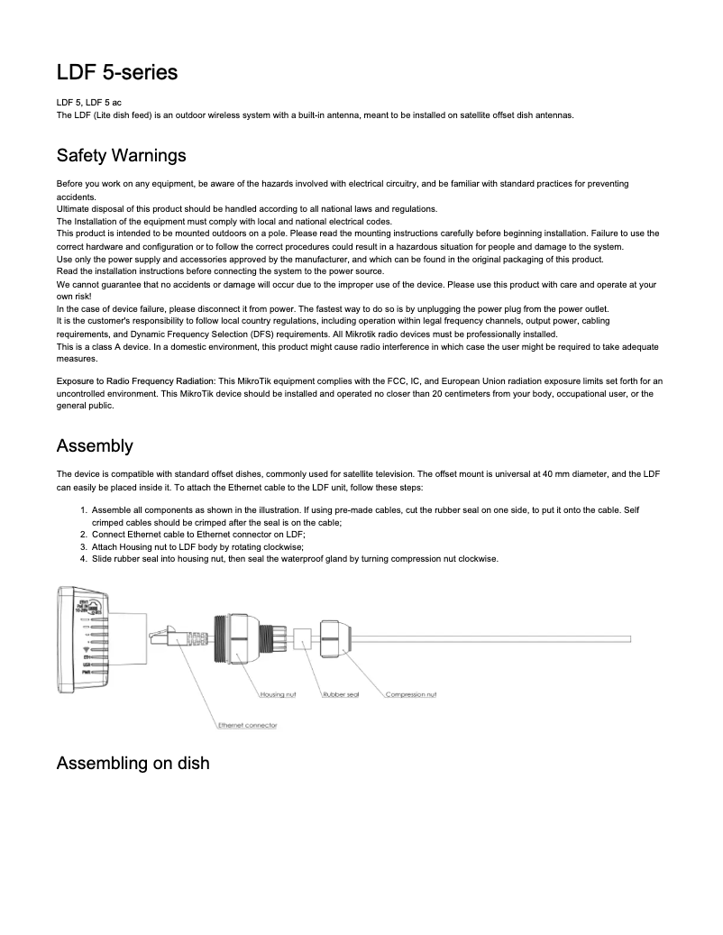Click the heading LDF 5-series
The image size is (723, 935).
click(x=116, y=71)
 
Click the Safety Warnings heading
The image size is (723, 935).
click(x=121, y=155)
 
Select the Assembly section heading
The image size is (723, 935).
click(x=95, y=445)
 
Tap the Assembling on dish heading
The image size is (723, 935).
click(x=133, y=763)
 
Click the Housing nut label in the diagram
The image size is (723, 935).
click(x=279, y=694)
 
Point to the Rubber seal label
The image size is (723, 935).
click(x=341, y=694)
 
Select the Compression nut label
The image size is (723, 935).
click(x=411, y=694)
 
